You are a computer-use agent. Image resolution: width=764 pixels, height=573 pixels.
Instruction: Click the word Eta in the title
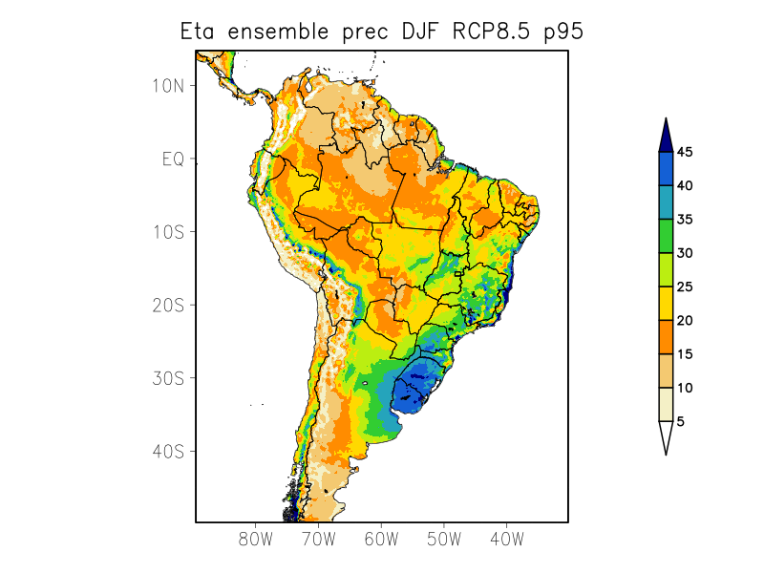point(200,32)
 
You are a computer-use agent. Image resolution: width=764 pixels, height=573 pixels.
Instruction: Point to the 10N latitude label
point(168,85)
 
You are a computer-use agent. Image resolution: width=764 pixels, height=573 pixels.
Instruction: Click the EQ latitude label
point(173,159)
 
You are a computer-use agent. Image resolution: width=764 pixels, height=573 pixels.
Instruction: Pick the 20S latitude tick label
point(168,305)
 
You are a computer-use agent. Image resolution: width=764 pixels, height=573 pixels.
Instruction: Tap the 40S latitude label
point(168,451)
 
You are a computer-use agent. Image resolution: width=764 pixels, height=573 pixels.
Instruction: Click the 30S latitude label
point(168,378)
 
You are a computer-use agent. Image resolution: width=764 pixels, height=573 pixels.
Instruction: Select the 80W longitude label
point(256,539)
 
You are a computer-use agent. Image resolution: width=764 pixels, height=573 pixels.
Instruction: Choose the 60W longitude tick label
point(381,539)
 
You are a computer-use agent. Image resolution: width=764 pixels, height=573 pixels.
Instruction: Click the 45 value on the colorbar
point(685,152)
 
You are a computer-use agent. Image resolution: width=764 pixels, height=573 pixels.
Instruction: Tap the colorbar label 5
point(681,421)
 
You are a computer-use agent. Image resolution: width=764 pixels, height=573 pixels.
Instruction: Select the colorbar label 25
point(685,286)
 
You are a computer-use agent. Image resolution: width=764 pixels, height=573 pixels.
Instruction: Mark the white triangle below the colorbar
point(666,436)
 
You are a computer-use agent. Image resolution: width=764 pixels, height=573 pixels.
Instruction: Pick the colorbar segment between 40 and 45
point(666,168)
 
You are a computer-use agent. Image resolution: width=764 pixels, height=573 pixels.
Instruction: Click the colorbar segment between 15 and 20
point(666,336)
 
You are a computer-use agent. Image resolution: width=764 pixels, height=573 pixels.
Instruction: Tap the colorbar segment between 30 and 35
point(666,236)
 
